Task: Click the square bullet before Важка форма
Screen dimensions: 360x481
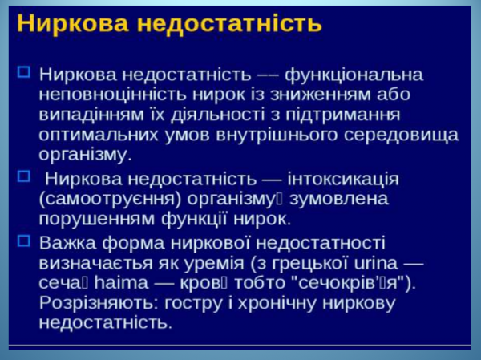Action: [x=23, y=241]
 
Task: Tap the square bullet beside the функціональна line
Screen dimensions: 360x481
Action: [x=23, y=72]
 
